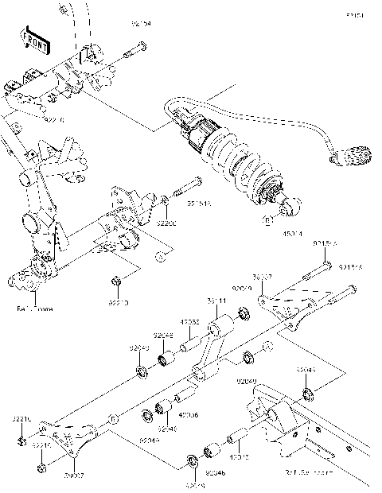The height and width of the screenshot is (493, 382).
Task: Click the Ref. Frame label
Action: coord(33,308)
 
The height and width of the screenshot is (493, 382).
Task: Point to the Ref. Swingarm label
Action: coord(306,472)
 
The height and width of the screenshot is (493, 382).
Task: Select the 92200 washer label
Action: coord(165,225)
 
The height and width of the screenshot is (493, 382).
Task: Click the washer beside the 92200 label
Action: coord(164,198)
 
